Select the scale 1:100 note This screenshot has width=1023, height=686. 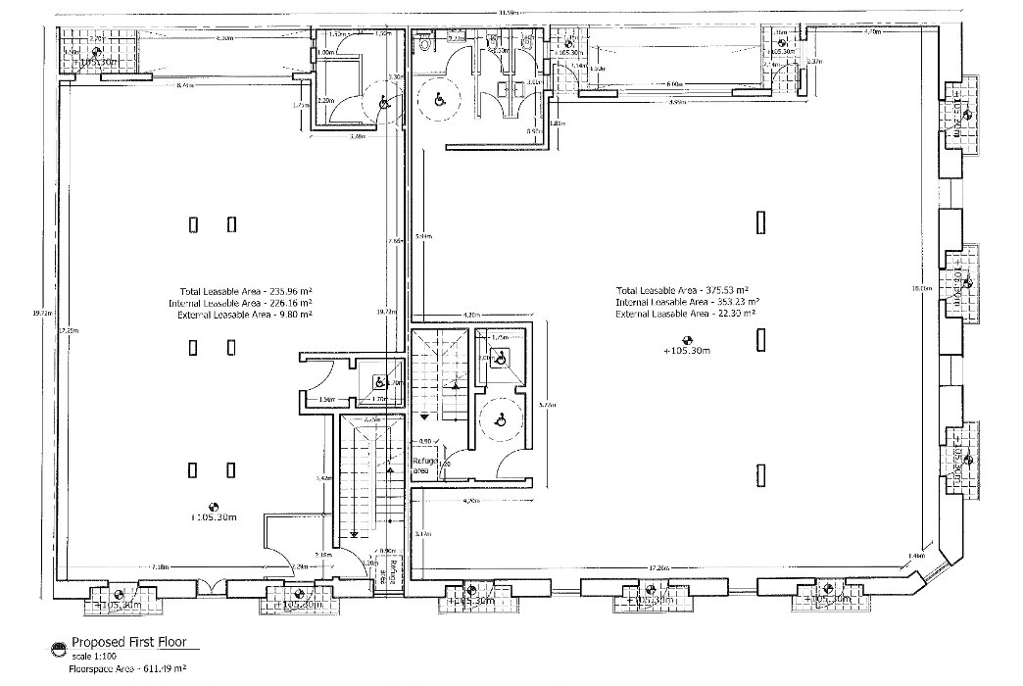pyautogui.click(x=94, y=656)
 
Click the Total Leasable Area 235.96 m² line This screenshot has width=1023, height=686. pyautogui.click(x=245, y=291)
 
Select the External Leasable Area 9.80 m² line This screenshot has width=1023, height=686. pyautogui.click(x=245, y=315)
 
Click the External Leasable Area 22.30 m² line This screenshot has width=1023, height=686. pyautogui.click(x=686, y=314)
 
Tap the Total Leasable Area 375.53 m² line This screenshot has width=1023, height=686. pyautogui.click(x=682, y=290)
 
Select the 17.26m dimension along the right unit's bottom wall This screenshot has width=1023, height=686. pyautogui.click(x=658, y=568)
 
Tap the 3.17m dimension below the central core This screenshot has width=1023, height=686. pyautogui.click(x=423, y=534)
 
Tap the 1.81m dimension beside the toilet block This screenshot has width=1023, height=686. pyautogui.click(x=556, y=123)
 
